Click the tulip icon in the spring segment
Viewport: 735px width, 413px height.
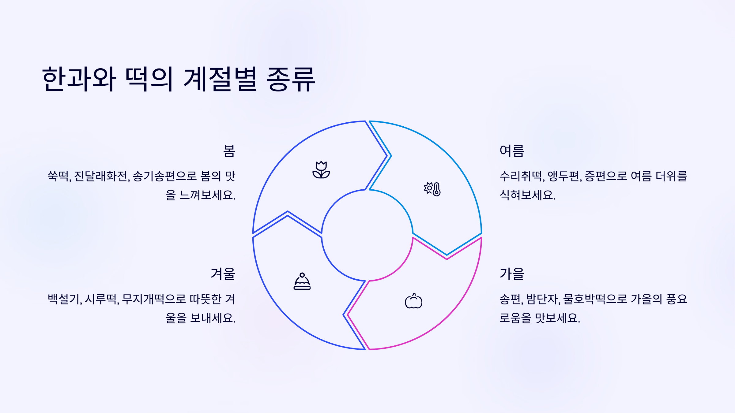coord(321,170)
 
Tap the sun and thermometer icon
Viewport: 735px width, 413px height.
coord(432,189)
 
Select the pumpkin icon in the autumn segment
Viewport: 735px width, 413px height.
coord(413,301)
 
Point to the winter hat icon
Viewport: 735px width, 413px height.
coord(302,281)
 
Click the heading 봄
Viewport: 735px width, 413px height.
coord(229,151)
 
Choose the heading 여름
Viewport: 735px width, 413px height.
coord(512,151)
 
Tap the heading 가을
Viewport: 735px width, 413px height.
coord(512,274)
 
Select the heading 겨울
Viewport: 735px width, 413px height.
coord(223,274)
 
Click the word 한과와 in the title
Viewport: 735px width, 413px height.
coord(79,79)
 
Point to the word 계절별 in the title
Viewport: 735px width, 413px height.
coord(220,79)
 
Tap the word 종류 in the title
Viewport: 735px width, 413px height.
coord(291,79)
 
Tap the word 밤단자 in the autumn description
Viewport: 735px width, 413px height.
coord(542,299)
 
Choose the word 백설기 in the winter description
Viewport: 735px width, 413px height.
coord(64,299)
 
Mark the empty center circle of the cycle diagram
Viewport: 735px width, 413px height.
coord(367,235)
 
